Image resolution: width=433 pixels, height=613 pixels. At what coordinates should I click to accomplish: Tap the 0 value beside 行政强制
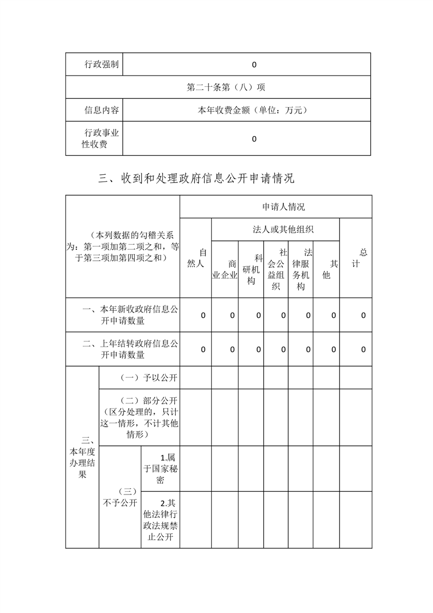coord(254,64)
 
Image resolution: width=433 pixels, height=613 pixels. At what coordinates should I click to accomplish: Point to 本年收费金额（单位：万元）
coord(254,110)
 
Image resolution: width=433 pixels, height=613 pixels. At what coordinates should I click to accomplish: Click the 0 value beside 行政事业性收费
coord(254,139)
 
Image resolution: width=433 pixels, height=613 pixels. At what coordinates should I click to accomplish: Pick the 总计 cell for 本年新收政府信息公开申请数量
coord(363,315)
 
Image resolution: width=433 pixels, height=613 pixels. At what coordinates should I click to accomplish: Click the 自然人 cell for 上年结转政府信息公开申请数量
coord(203,349)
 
